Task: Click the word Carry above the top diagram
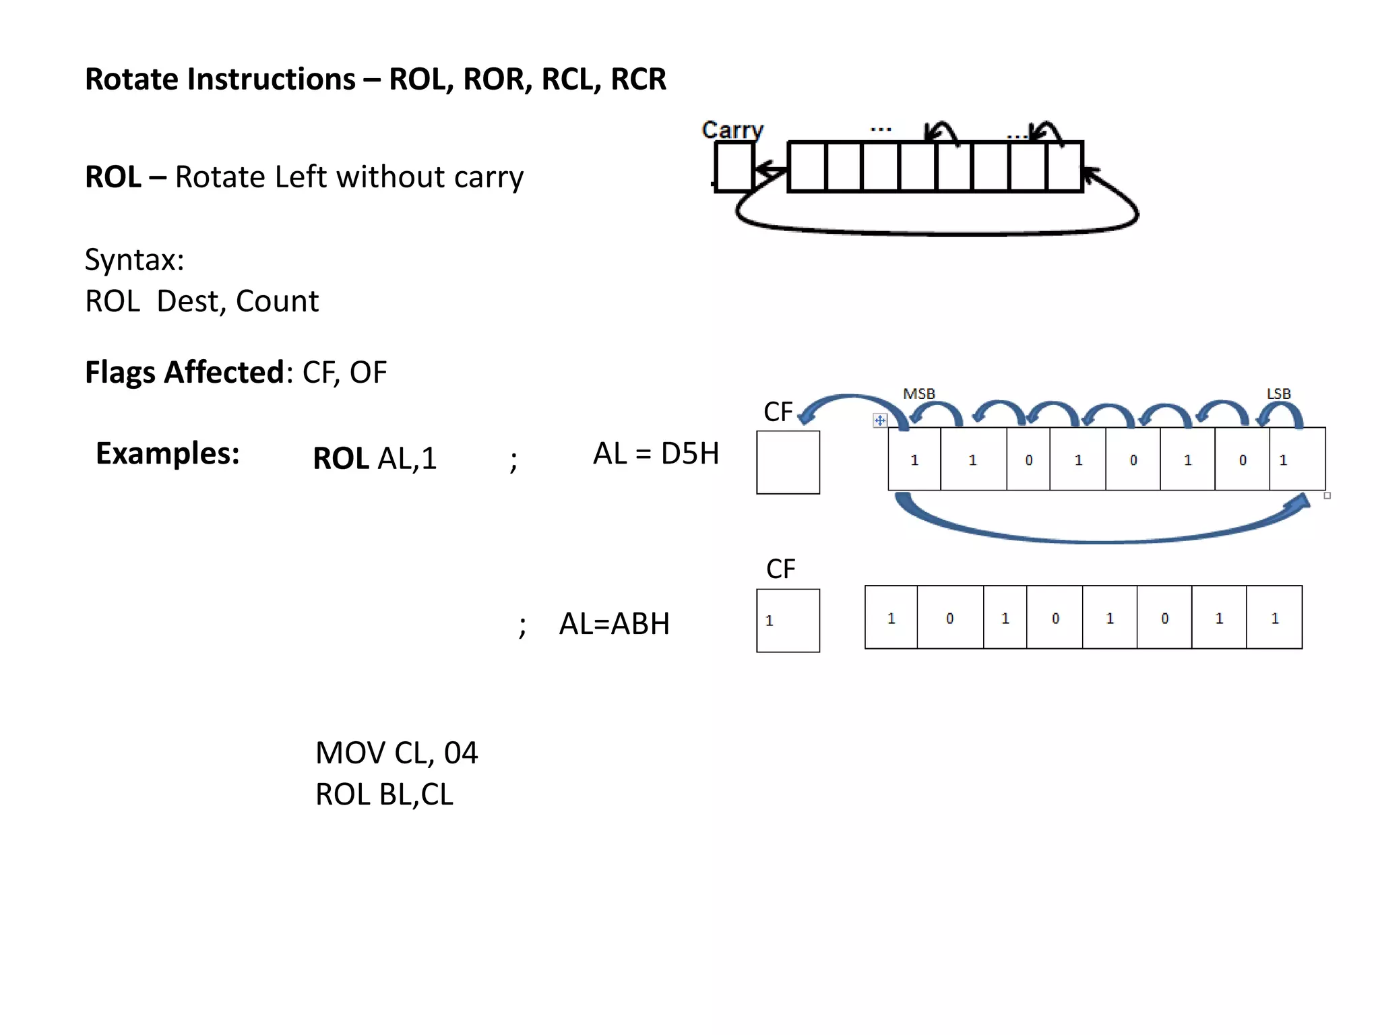point(732,130)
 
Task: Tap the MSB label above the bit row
point(919,394)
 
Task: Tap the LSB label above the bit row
point(1278,394)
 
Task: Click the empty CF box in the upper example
point(788,462)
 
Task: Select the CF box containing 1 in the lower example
point(788,621)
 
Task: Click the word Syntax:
point(135,260)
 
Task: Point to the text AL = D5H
point(656,453)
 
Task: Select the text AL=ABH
point(615,624)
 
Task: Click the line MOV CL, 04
point(396,753)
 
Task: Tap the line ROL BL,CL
point(384,794)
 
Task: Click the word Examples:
point(168,453)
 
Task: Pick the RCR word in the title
point(638,79)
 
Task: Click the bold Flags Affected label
point(185,372)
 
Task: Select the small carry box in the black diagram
point(734,167)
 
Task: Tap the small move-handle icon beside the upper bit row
point(880,420)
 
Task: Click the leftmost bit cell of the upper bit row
point(914,459)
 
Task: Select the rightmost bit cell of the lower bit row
point(1274,617)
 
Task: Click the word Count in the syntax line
point(277,301)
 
